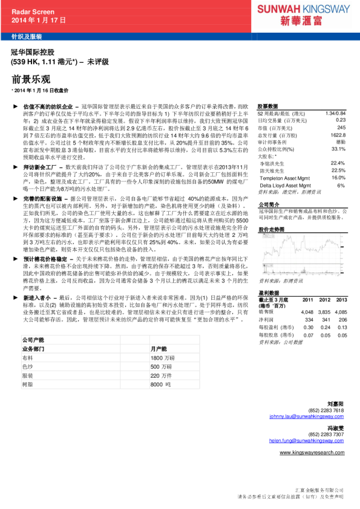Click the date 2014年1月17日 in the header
pyautogui.click(x=38, y=20)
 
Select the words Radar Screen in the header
pyautogui.click(x=33, y=11)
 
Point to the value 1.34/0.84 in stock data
pyautogui.click(x=335, y=113)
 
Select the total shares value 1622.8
pyautogui.click(x=338, y=135)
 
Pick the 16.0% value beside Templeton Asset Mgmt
pyautogui.click(x=338, y=178)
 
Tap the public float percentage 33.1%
pyautogui.click(x=338, y=149)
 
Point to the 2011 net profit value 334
pyautogui.click(x=309, y=319)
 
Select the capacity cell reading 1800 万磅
pyautogui.click(x=162, y=358)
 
